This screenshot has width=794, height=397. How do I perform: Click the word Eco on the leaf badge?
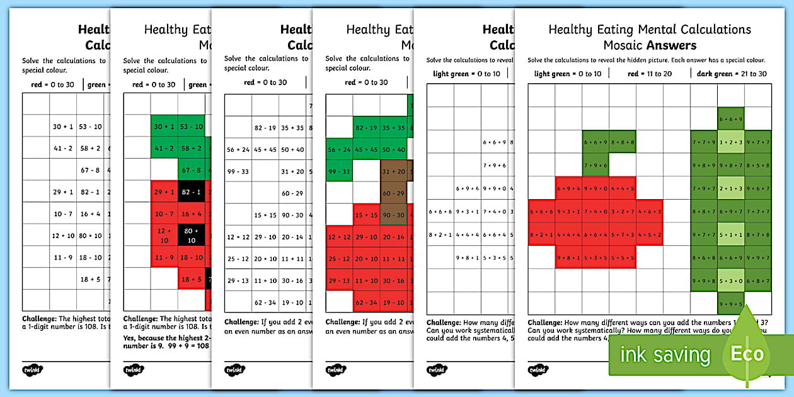(x=747, y=354)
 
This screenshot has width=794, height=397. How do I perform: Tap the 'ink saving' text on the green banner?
(x=665, y=354)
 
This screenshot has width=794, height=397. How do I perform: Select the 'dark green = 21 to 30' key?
(x=732, y=74)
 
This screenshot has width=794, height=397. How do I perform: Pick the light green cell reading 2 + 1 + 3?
(x=731, y=188)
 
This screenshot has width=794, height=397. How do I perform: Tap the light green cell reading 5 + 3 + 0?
(x=731, y=281)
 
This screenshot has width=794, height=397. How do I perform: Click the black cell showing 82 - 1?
(x=191, y=192)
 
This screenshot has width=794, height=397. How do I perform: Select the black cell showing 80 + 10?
(x=191, y=236)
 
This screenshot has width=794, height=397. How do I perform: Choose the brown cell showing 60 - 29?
(x=393, y=193)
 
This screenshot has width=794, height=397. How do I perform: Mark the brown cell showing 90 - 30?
(x=393, y=216)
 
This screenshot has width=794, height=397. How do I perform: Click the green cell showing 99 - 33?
(x=339, y=171)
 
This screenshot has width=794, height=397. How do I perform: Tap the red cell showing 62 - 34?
(x=366, y=302)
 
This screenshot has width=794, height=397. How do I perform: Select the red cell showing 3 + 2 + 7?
(x=623, y=211)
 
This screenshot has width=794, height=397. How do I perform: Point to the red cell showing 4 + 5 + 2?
(x=649, y=234)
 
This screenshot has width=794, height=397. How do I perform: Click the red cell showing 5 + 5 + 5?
(x=623, y=257)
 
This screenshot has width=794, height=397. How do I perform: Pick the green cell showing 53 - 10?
(x=191, y=127)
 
